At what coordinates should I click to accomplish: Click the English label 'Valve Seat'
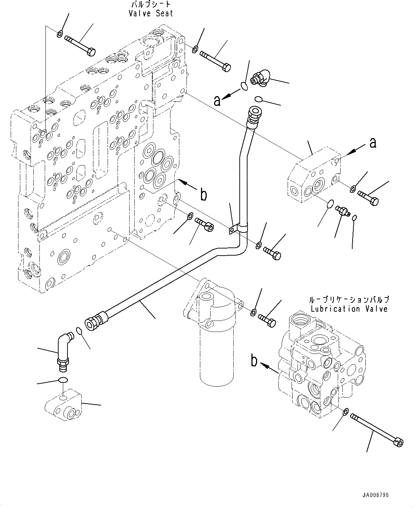tap(151, 13)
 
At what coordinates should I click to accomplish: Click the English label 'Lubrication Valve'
tap(349, 308)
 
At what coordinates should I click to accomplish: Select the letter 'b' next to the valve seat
tap(203, 195)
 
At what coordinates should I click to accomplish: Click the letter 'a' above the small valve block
tap(373, 143)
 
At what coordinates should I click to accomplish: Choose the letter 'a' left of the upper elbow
tap(217, 101)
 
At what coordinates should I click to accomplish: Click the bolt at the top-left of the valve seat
tap(80, 45)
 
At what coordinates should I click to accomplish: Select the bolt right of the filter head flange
tap(267, 319)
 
